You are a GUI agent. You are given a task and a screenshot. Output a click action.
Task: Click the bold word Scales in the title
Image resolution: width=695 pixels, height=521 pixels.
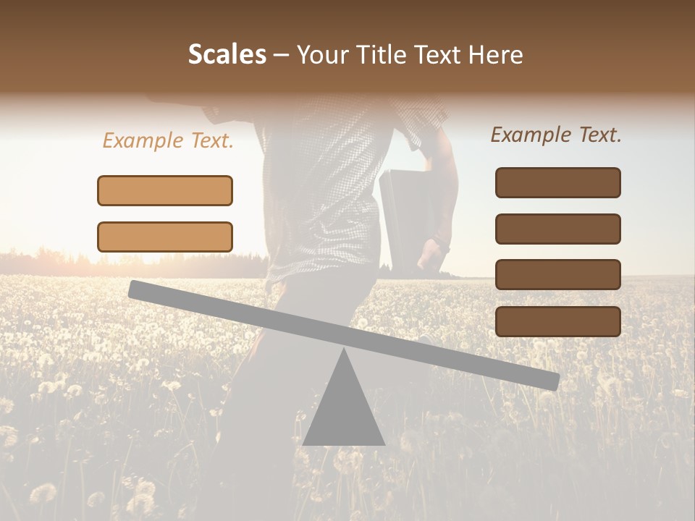point(227,55)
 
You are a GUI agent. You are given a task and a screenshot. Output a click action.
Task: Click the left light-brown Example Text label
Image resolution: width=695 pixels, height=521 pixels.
point(168,140)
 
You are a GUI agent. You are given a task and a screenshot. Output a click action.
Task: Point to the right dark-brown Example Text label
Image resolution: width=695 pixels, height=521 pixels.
point(556,135)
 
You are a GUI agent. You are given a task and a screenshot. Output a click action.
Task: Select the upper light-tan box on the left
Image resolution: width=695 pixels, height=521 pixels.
point(165,190)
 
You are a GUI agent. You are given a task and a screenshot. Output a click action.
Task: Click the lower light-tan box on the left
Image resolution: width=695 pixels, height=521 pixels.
point(165,237)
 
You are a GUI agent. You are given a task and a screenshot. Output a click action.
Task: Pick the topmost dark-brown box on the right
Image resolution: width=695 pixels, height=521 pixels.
point(557,182)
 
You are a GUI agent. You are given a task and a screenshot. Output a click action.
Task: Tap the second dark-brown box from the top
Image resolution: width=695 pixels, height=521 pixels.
point(557,229)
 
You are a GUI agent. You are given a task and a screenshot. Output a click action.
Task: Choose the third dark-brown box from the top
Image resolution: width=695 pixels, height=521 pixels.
point(557,274)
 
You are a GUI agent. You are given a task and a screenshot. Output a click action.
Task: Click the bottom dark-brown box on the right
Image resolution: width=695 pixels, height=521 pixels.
point(557,321)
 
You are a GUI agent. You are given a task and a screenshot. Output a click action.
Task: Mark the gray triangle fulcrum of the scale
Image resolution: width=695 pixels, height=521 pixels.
point(344,409)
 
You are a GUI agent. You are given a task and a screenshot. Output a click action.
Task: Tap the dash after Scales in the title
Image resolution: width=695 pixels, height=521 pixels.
point(282,55)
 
